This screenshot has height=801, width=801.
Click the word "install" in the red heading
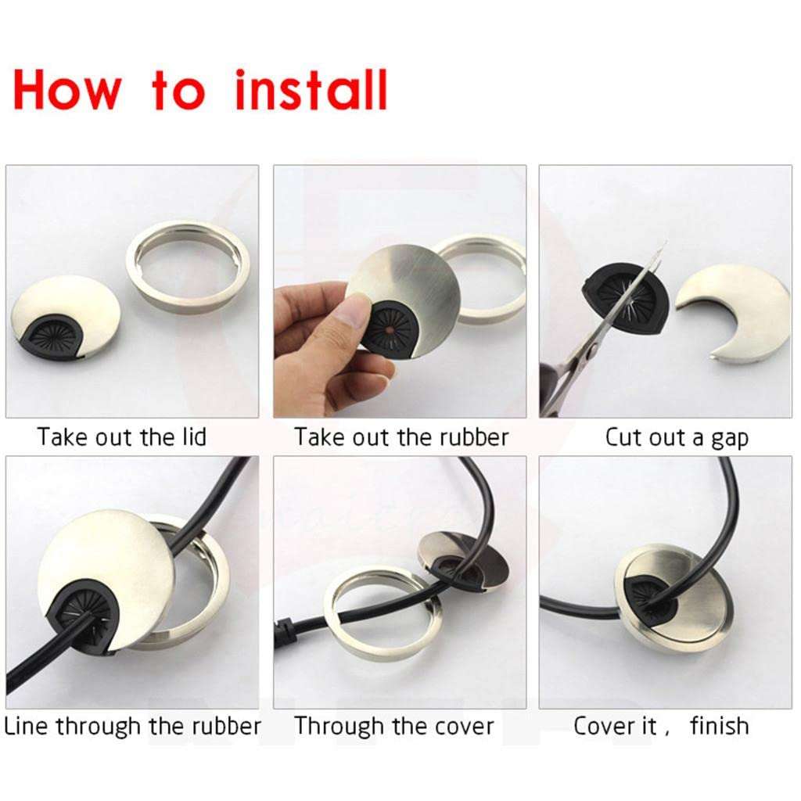(x=311, y=90)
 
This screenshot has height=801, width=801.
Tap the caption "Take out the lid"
(x=121, y=436)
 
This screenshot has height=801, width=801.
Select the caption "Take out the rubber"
(x=401, y=436)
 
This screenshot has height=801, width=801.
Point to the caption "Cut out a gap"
(x=677, y=437)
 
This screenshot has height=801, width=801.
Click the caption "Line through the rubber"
(x=132, y=726)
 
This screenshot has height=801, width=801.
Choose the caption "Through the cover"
(x=394, y=726)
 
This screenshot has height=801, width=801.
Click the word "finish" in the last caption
(x=719, y=726)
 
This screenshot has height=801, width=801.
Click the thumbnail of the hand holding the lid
(x=399, y=291)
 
